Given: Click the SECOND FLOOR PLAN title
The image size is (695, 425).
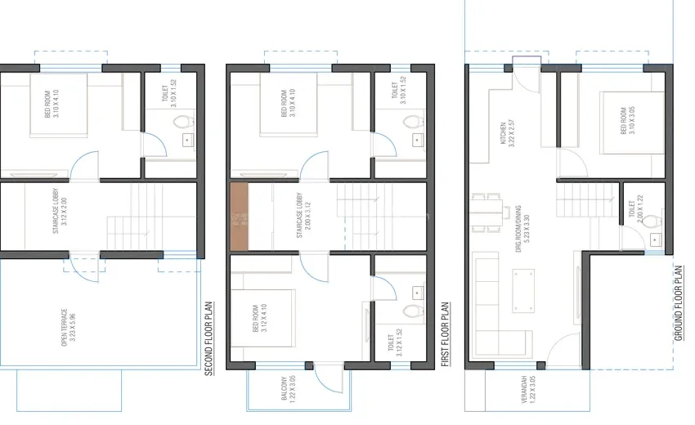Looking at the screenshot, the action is pyautogui.click(x=209, y=339).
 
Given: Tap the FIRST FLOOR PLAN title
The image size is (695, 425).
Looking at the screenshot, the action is pyautogui.click(x=446, y=334).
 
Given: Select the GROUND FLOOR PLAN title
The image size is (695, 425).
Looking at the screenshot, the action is pyautogui.click(x=679, y=303).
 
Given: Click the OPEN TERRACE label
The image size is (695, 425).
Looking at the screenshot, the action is pyautogui.click(x=68, y=327).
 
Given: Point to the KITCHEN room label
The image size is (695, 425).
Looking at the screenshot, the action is pyautogui.click(x=507, y=133).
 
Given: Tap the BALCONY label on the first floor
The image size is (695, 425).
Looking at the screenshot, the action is pyautogui.click(x=288, y=389).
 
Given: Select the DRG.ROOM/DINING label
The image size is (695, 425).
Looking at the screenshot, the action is pyautogui.click(x=522, y=229).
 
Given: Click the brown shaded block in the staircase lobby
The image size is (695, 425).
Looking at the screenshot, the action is pyautogui.click(x=239, y=217).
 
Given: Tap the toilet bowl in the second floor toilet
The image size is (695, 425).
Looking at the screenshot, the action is pyautogui.click(x=183, y=122).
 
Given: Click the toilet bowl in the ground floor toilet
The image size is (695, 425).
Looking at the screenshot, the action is pyautogui.click(x=652, y=221).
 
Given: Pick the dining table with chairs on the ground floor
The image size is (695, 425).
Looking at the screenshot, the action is pyautogui.click(x=487, y=212).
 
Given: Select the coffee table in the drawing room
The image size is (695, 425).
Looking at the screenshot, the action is pyautogui.click(x=523, y=290).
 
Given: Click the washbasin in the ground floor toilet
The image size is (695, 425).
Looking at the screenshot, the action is pyautogui.click(x=655, y=239).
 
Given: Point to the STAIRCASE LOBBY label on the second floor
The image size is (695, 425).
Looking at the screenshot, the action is pyautogui.click(x=60, y=211).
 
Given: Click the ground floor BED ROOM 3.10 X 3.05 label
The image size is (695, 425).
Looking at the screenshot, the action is pyautogui.click(x=627, y=120).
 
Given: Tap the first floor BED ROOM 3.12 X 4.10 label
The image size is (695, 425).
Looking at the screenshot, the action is pyautogui.click(x=259, y=318).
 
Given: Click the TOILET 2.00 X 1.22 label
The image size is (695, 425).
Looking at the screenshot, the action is pyautogui.click(x=635, y=208).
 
